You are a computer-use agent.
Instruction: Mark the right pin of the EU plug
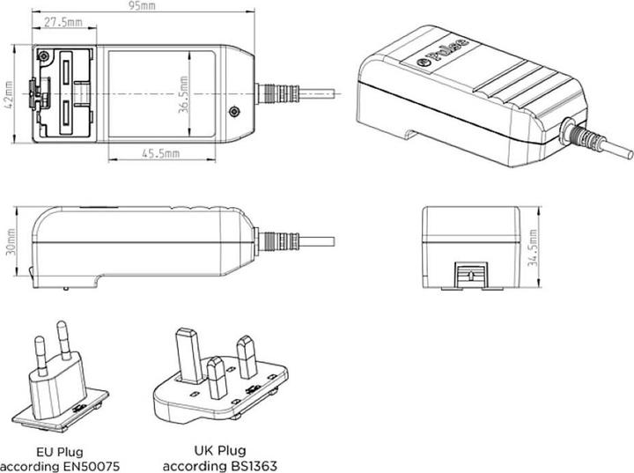63,343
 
